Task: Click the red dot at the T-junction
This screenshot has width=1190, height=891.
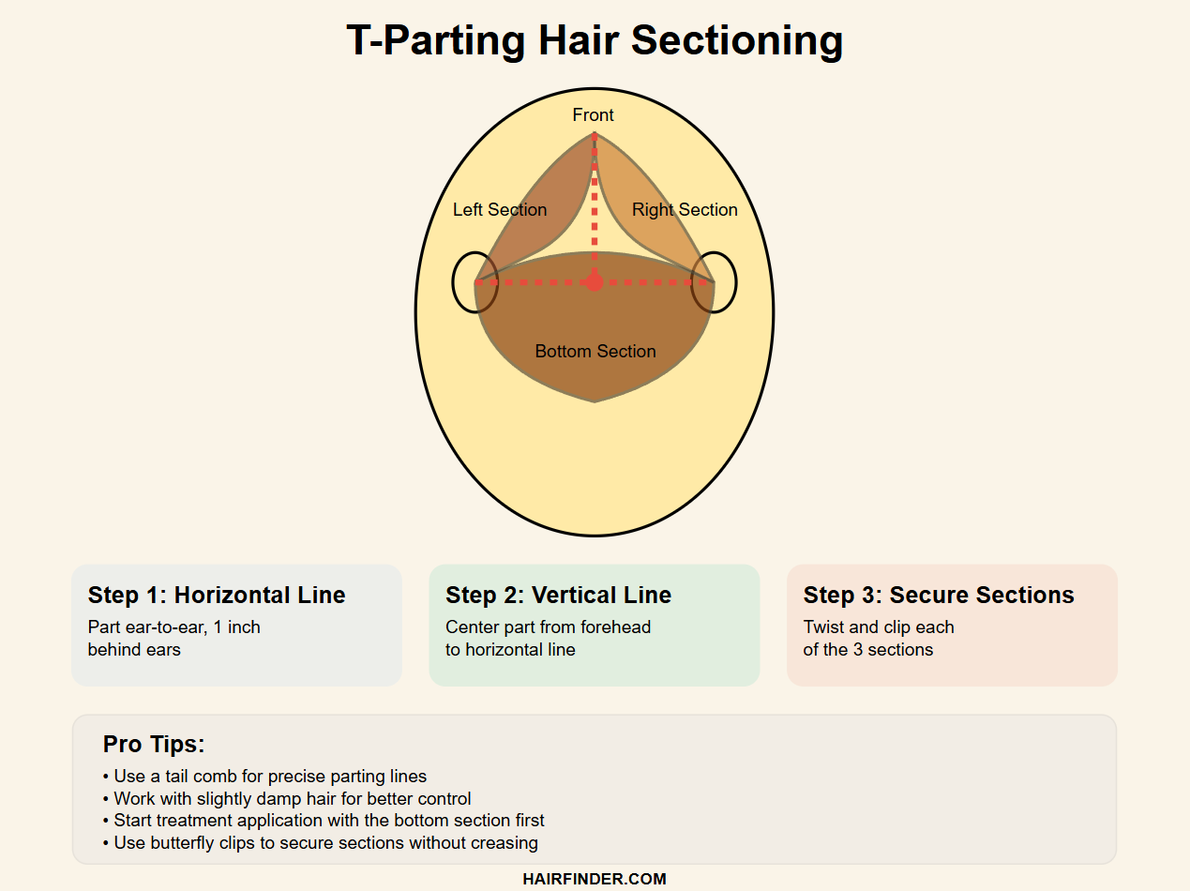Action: [595, 282]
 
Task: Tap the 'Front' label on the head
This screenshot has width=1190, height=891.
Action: [593, 115]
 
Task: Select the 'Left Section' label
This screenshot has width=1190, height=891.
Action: [500, 210]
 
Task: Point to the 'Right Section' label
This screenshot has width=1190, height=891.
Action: [685, 210]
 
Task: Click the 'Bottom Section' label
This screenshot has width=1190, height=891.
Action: [595, 351]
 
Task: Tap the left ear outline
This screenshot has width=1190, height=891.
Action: [453, 282]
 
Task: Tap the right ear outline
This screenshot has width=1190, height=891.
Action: [736, 282]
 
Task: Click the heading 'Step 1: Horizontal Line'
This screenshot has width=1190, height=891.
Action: [217, 595]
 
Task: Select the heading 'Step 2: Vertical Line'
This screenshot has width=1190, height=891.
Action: [558, 595]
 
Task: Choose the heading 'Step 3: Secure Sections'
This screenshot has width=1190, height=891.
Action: [939, 595]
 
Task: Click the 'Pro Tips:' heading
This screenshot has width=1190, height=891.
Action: [154, 744]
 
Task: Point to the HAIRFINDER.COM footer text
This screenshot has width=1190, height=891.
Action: [595, 879]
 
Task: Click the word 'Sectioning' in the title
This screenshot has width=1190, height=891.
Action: [737, 41]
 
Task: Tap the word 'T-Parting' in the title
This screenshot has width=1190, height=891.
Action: [436, 41]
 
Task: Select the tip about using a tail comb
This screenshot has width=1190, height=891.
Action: [264, 777]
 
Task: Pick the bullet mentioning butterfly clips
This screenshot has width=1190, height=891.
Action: [320, 843]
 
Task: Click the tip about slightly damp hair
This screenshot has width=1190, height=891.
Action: [287, 799]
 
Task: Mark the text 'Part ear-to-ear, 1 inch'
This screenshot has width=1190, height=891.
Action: [174, 627]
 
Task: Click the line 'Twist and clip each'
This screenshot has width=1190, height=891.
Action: [879, 627]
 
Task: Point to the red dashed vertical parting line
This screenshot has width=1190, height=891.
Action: [595, 208]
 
